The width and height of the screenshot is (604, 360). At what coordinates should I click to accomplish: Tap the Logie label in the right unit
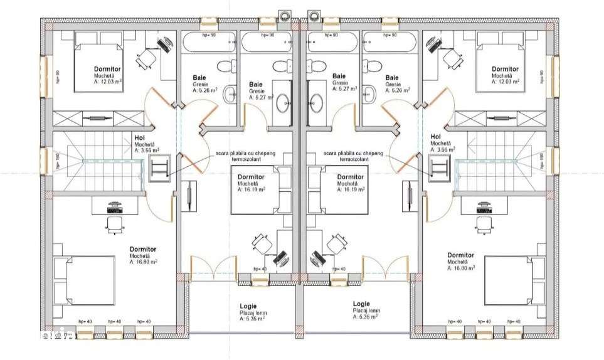361,304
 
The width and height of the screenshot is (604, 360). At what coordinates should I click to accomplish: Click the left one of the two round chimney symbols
285,13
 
